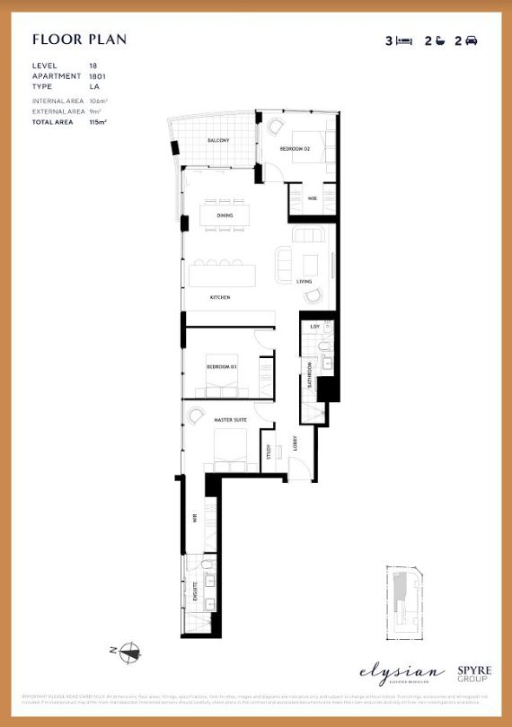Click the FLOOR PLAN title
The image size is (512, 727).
pyautogui.click(x=79, y=39)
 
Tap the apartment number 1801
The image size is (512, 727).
pyautogui.click(x=97, y=77)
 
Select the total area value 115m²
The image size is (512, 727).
pyautogui.click(x=98, y=120)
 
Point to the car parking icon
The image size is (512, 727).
pyautogui.click(x=472, y=40)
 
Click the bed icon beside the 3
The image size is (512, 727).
pyautogui.click(x=403, y=40)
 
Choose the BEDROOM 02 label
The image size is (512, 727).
pyautogui.click(x=294, y=148)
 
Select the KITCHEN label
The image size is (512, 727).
pyautogui.click(x=221, y=297)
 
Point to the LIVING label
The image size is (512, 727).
pyautogui.click(x=304, y=282)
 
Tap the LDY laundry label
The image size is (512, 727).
pyautogui.click(x=314, y=327)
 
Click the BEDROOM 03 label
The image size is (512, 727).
pyautogui.click(x=221, y=367)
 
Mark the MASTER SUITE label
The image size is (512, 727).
pyautogui.click(x=230, y=419)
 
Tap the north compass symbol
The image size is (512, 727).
pyautogui.click(x=132, y=652)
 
